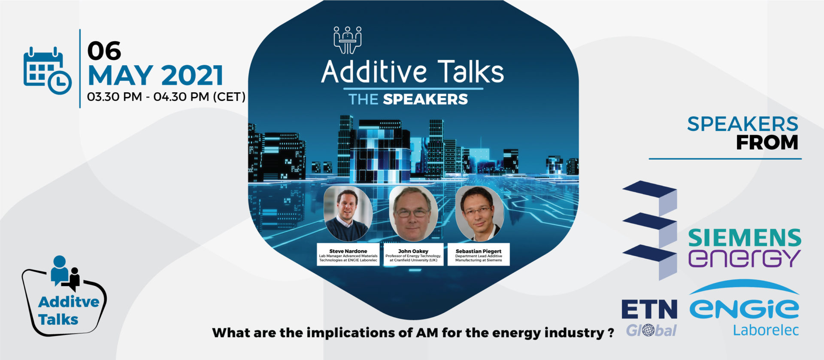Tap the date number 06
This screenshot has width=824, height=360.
[x=104, y=51]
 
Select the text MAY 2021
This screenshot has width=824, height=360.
[x=155, y=76]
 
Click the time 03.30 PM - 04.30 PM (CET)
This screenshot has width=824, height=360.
[x=166, y=97]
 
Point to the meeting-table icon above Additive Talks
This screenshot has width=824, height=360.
[x=348, y=40]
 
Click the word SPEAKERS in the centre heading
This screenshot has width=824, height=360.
[x=425, y=100]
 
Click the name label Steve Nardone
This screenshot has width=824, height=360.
[x=348, y=251]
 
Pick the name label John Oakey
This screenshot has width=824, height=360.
[x=413, y=251]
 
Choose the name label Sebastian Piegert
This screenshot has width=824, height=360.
[x=479, y=251]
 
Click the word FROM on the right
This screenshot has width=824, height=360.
[x=767, y=143]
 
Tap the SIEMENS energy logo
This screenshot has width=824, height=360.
[x=745, y=248]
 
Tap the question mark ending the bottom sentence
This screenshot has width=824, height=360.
[x=611, y=333]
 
